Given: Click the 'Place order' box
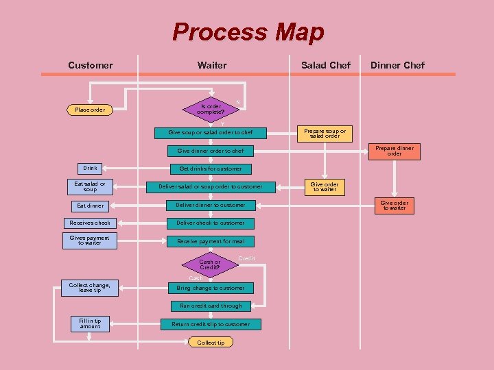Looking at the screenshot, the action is [90, 110].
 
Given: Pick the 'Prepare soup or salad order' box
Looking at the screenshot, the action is [325, 133].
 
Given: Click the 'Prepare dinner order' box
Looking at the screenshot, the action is [395, 151].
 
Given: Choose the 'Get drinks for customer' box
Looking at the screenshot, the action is [211, 169].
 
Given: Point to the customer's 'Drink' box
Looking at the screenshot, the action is [90, 168].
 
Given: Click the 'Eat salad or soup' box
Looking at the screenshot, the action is [90, 186].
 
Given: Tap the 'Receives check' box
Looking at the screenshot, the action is [90, 223].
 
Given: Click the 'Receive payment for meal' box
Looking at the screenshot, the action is [211, 241].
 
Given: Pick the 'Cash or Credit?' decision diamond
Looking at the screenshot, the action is [210, 264].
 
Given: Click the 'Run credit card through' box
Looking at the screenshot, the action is [211, 306].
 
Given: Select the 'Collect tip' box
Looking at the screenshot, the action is [211, 342].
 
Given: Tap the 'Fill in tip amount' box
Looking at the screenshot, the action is [90, 323].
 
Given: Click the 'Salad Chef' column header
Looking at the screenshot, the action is [326, 65].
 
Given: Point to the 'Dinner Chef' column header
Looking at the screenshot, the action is [397, 65].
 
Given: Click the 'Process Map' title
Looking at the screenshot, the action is [248, 32].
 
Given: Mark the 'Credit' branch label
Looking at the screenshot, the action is [246, 258].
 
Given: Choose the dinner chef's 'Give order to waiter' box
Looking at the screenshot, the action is [395, 206].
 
